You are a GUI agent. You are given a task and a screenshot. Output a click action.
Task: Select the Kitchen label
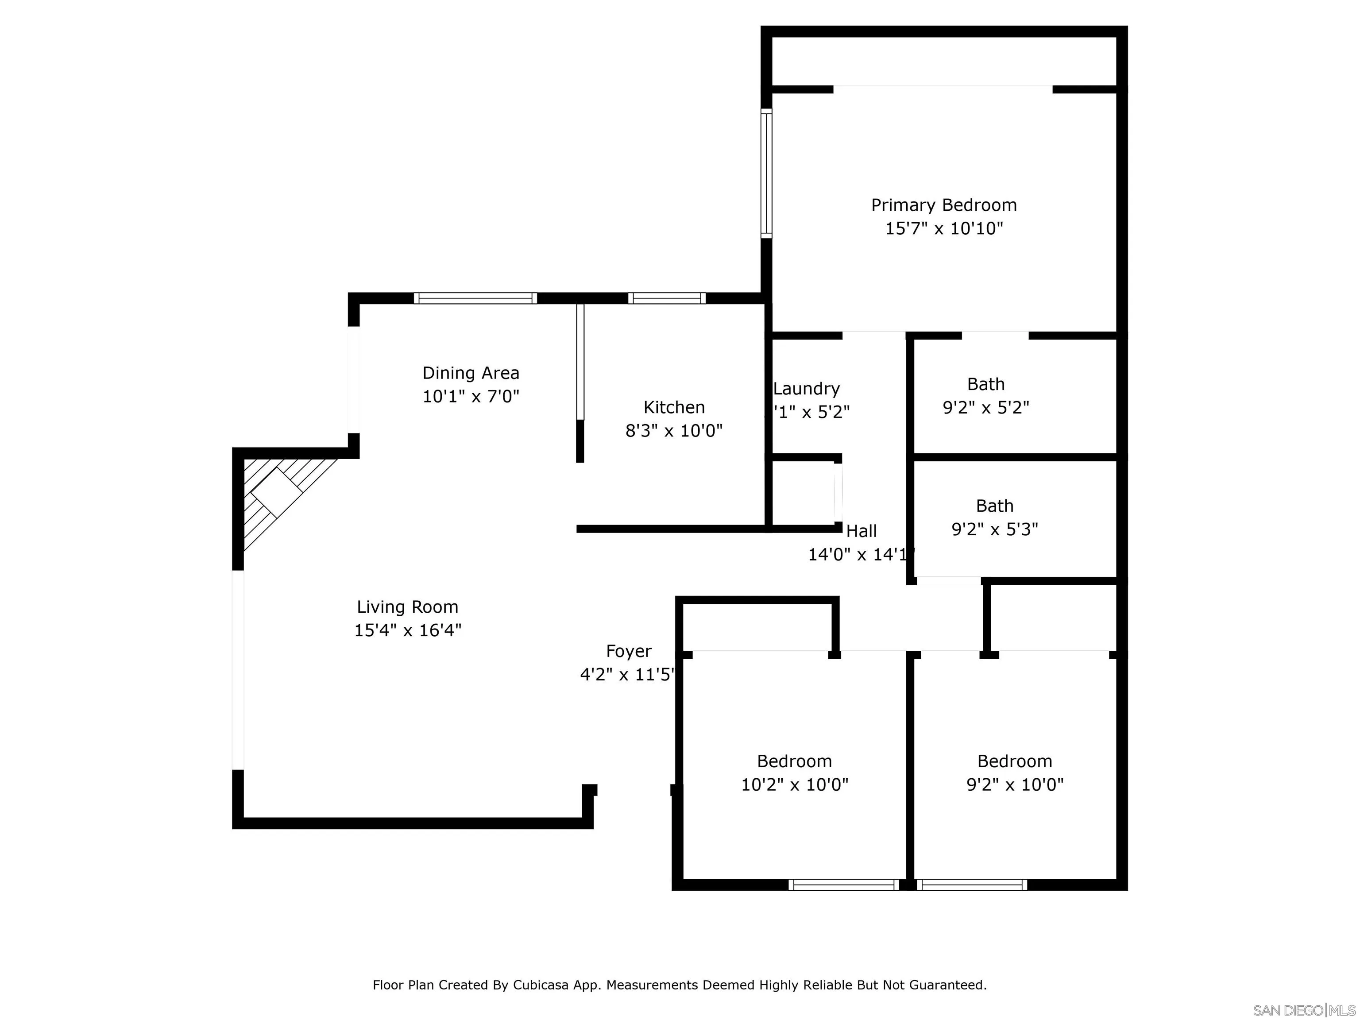point(674,407)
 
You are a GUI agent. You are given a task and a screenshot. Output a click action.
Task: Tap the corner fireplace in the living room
point(277,492)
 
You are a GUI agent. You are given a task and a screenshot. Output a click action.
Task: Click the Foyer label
point(628,651)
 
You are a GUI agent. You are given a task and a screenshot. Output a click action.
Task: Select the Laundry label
point(806,389)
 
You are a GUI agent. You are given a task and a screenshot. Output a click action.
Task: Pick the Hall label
point(862,531)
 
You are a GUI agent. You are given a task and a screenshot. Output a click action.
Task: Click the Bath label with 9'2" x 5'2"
point(985,384)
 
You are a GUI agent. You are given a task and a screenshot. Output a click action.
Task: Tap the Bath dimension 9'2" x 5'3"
point(994,529)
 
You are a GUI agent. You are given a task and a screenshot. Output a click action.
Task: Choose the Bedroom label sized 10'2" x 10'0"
point(794,761)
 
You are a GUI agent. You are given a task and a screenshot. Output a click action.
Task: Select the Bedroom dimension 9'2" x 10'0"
point(1015,784)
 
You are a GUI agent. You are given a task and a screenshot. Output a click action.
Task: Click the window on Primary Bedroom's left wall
point(766,174)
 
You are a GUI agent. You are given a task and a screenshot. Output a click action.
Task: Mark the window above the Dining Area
point(475,298)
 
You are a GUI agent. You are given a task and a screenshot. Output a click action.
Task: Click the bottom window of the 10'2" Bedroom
point(843,885)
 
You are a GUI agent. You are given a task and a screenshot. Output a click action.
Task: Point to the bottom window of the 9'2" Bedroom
point(971,885)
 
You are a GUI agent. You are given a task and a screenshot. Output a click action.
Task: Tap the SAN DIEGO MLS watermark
point(1303,1010)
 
